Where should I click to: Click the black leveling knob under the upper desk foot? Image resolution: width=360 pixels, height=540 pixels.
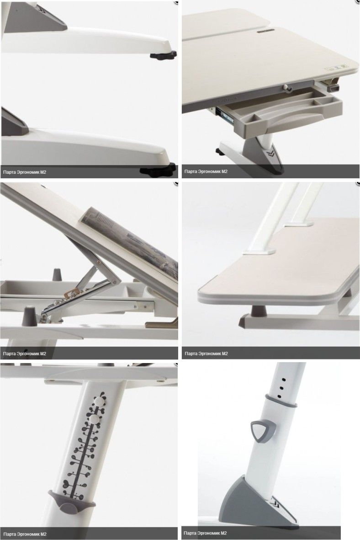click(x=163, y=55)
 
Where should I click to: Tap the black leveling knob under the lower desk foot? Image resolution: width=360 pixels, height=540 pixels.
click(x=158, y=170)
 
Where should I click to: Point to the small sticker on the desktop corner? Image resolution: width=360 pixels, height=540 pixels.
click(x=336, y=68)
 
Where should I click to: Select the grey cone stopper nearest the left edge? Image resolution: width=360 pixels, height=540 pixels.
click(x=28, y=317)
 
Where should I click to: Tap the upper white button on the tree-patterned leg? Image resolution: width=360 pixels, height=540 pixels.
click(x=100, y=400)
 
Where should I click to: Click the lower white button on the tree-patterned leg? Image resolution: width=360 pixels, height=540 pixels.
click(x=93, y=419)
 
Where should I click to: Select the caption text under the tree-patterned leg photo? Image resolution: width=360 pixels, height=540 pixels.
click(x=24, y=534)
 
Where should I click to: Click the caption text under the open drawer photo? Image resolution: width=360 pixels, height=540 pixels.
click(x=206, y=171)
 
